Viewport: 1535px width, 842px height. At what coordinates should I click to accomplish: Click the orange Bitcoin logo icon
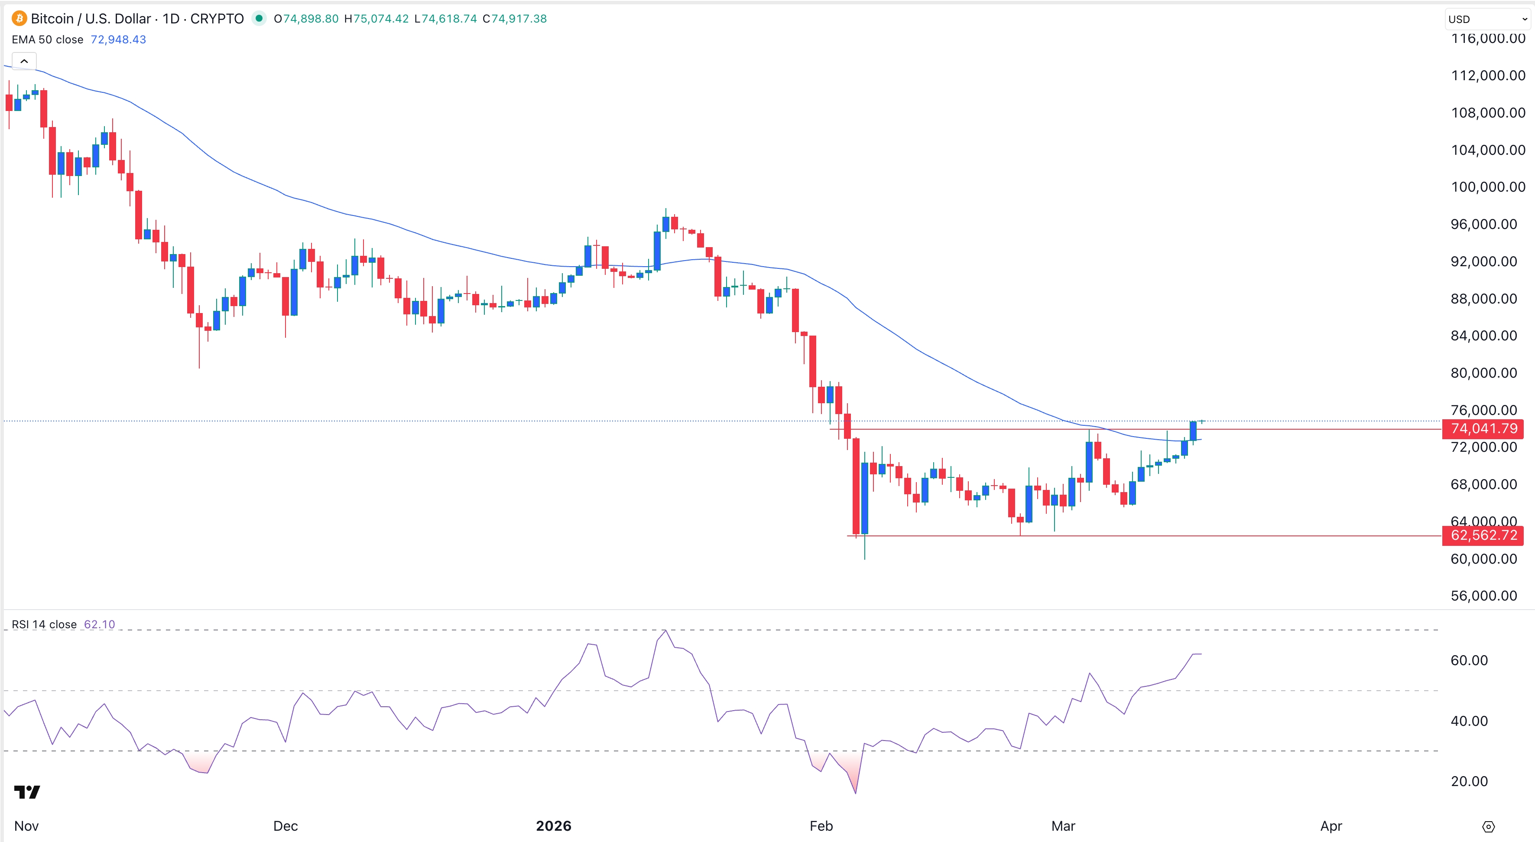click(x=19, y=19)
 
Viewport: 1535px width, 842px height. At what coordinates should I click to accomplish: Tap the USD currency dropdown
click(x=1486, y=19)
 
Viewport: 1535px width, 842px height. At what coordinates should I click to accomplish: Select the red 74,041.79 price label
click(x=1483, y=428)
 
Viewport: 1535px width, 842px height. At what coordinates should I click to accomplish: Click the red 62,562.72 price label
click(x=1483, y=535)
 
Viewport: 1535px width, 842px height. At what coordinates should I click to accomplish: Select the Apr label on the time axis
click(x=1331, y=826)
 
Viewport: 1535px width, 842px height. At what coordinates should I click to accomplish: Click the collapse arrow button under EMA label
click(x=24, y=61)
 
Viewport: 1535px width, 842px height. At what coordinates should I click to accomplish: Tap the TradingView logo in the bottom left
click(x=27, y=791)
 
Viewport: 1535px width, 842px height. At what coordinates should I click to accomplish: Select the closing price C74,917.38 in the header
click(x=514, y=19)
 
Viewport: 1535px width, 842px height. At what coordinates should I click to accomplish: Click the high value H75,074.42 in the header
click(x=376, y=19)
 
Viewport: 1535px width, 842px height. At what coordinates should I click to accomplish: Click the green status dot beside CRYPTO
click(x=259, y=19)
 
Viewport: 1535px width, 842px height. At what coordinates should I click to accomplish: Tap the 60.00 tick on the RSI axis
click(x=1469, y=660)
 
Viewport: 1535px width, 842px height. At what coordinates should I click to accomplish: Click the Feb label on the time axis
click(x=821, y=826)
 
